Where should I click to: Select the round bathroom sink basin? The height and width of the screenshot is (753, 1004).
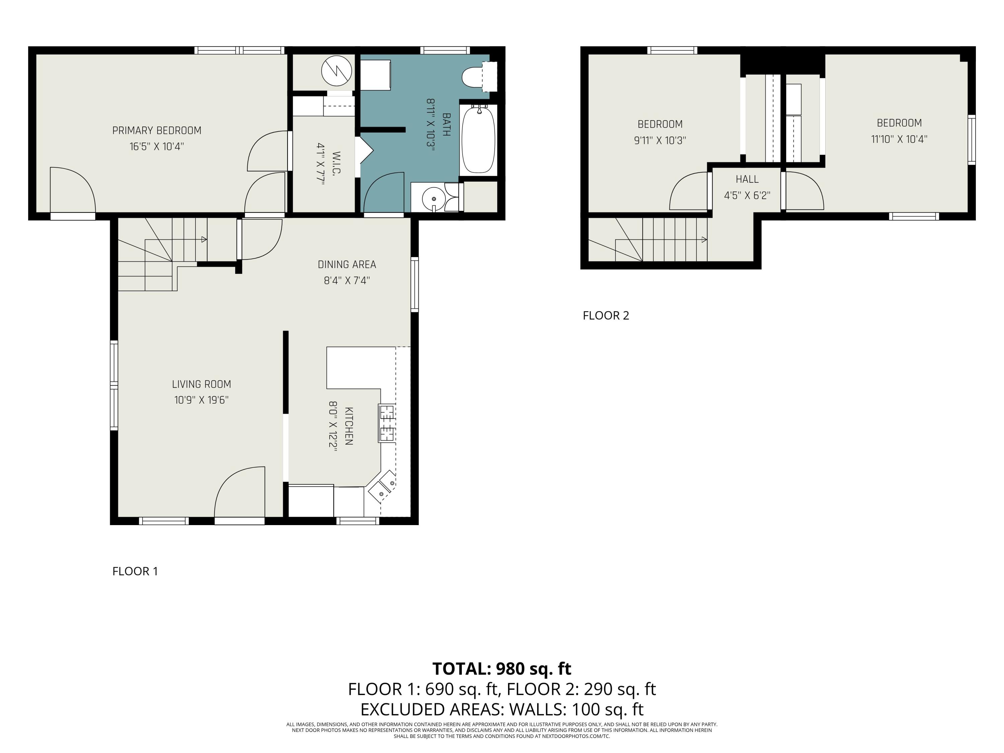click(433, 199)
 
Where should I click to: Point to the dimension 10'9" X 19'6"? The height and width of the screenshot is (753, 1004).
click(201, 400)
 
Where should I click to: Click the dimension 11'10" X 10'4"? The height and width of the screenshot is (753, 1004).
click(899, 139)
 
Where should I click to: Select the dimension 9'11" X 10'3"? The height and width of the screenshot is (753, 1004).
click(660, 141)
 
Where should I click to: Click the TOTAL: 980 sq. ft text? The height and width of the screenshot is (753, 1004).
click(502, 669)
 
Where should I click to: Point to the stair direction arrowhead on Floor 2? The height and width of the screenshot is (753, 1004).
click(704, 240)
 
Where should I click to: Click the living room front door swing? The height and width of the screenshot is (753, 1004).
click(240, 493)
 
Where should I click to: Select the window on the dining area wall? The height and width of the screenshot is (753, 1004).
click(414, 284)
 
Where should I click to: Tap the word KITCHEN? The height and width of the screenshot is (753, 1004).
click(349, 426)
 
